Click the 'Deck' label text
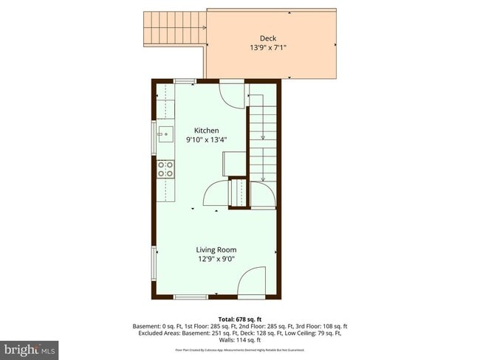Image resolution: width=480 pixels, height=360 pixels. coord(267,38)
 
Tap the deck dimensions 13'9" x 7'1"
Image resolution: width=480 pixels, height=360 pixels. coord(267,48)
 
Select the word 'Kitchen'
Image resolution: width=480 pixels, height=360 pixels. coord(207,131)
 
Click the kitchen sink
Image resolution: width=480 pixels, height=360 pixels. coord(165,134)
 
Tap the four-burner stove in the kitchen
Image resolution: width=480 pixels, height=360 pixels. coord(165,169)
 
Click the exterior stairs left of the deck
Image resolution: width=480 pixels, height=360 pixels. coord(175,28)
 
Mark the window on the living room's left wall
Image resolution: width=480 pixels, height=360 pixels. coord(154,260)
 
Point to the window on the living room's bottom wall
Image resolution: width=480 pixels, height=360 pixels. coord(190,297)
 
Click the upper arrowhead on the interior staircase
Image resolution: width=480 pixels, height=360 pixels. coord(263,136)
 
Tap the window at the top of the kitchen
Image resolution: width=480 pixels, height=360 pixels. coord(185,80)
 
